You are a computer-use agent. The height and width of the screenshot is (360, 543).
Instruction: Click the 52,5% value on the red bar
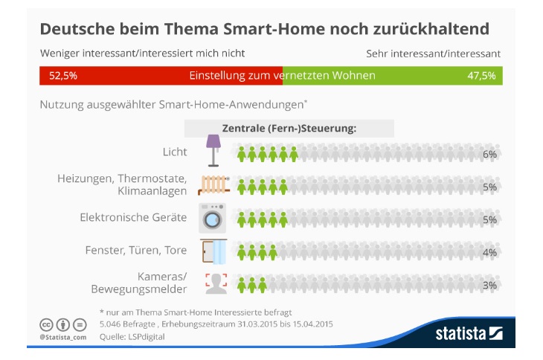point(63,76)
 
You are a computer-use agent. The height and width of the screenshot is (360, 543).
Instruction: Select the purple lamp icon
point(213,150)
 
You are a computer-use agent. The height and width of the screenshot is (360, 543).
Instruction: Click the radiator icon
point(213,184)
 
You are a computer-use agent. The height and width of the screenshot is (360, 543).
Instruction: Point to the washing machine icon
point(213,218)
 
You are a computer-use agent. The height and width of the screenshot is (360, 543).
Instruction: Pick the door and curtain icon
point(215,251)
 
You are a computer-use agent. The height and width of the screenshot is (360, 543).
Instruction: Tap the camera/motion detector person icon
point(214,284)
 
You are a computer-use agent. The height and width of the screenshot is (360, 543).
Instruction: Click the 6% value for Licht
point(489,154)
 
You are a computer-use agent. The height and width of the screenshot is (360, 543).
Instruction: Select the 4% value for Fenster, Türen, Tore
point(489,252)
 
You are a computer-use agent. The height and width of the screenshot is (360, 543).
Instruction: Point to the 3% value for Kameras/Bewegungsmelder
point(489,286)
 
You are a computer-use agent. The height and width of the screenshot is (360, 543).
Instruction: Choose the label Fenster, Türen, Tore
point(138,251)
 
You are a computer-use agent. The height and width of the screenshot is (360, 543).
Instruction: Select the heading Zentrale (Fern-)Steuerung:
point(289,128)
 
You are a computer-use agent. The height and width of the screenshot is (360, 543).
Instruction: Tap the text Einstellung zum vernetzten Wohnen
point(282,76)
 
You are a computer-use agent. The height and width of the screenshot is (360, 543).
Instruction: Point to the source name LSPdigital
point(145,336)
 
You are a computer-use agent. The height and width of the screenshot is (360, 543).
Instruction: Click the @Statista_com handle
point(57,337)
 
